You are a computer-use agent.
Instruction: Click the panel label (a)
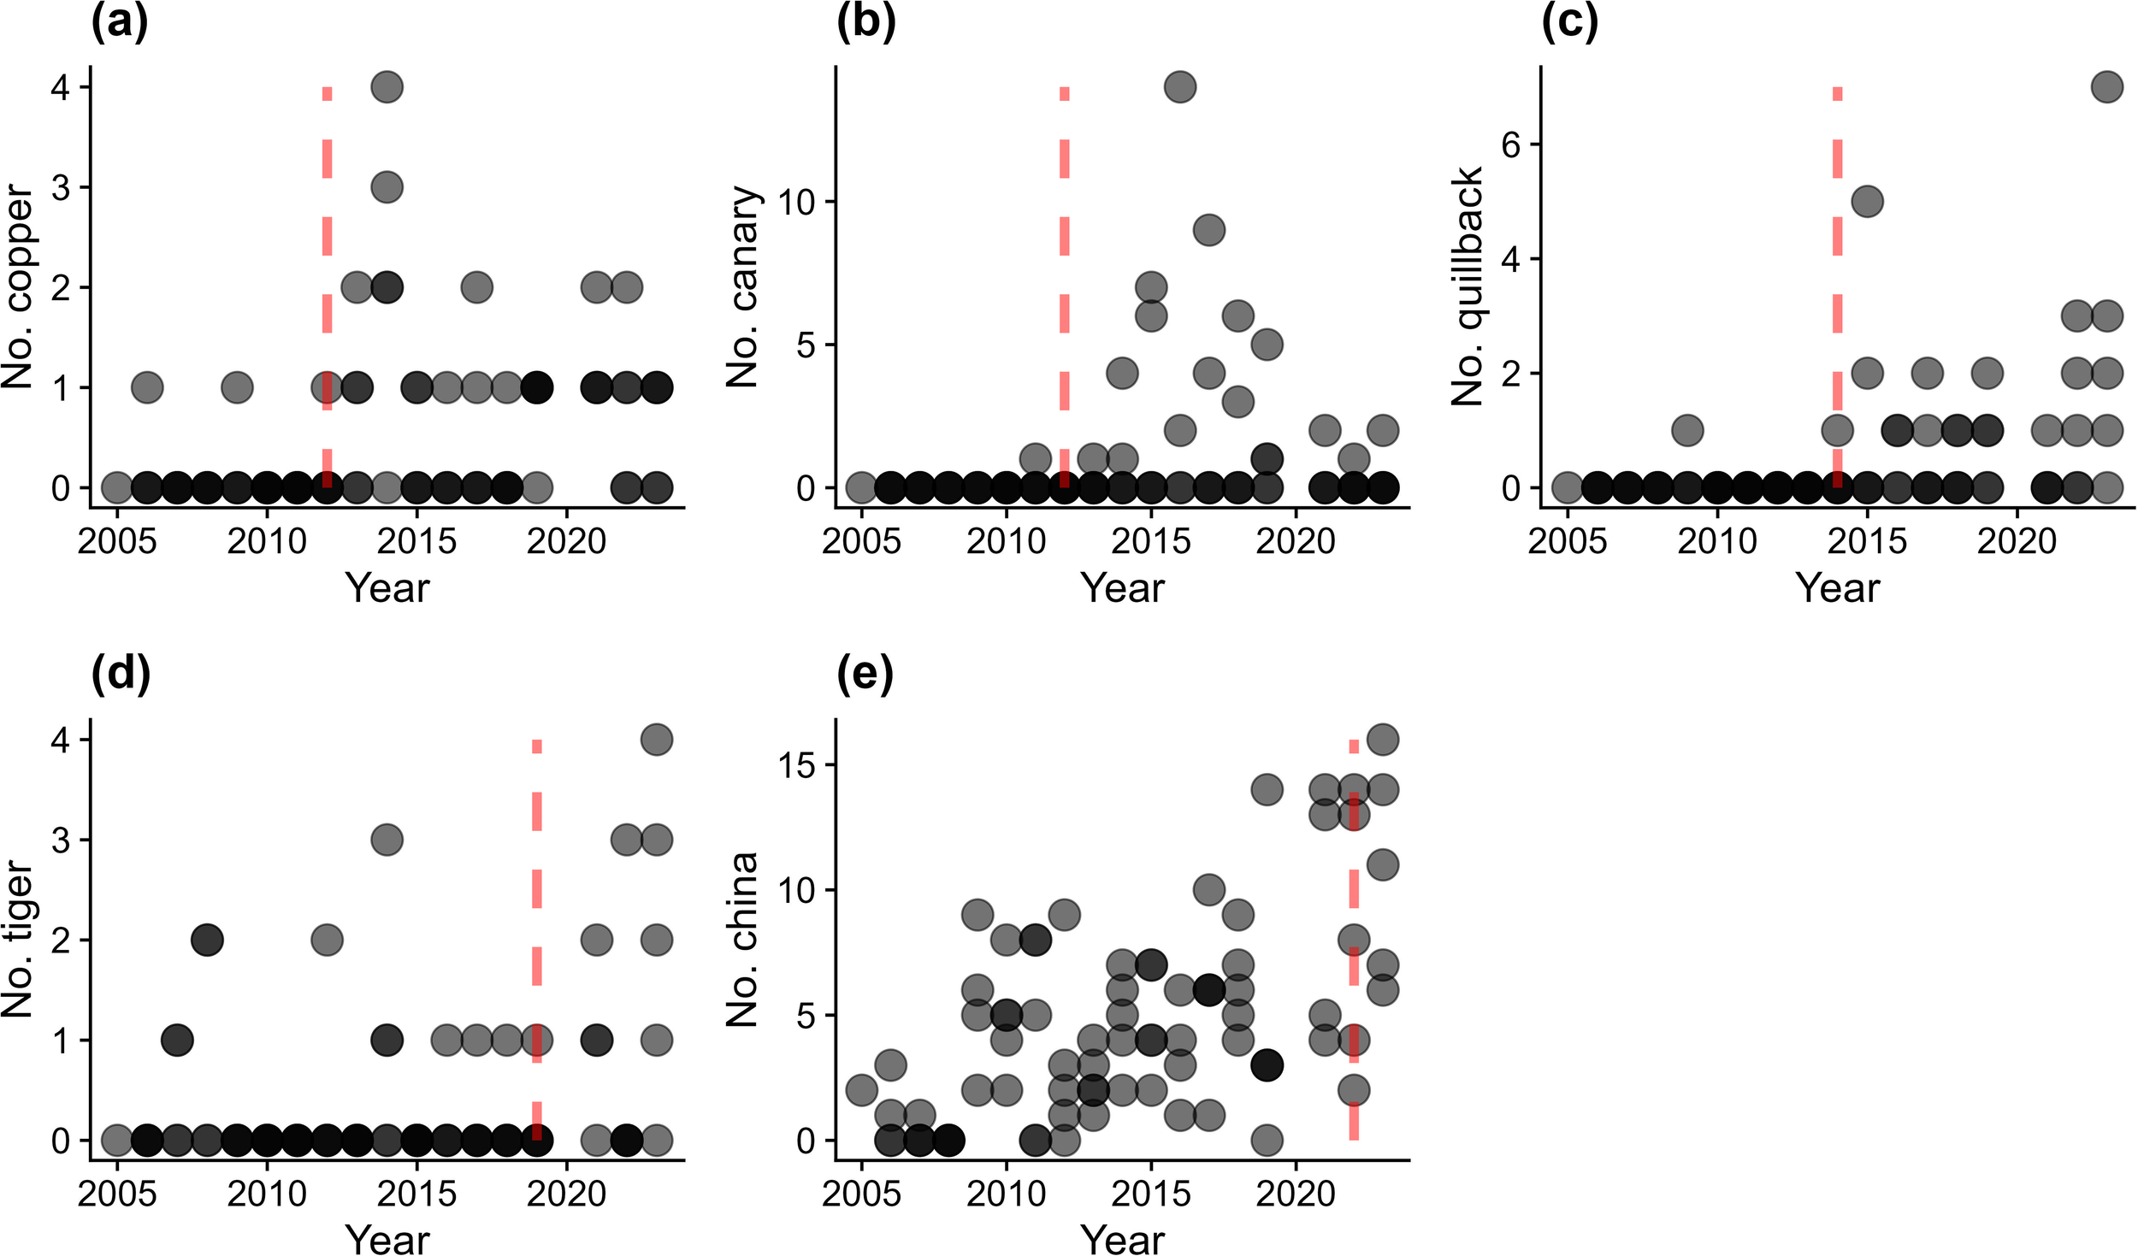(x=119, y=23)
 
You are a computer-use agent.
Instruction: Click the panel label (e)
(x=865, y=675)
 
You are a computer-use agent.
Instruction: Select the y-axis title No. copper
(x=17, y=288)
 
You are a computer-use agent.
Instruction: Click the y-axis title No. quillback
(x=1468, y=286)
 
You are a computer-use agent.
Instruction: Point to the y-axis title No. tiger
(x=17, y=939)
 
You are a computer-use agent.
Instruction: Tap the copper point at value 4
(x=387, y=87)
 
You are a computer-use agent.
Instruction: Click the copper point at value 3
(x=387, y=187)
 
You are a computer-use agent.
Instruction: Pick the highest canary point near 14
(x=1179, y=87)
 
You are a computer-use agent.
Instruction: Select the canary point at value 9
(x=1208, y=230)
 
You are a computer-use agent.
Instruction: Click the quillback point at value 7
(x=2106, y=87)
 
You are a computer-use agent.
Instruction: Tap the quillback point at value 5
(x=1867, y=202)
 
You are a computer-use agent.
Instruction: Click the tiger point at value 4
(x=656, y=740)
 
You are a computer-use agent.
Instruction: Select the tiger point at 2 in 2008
(x=207, y=940)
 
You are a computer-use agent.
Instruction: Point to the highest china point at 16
(x=1383, y=740)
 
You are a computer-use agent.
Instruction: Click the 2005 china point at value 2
(x=861, y=1090)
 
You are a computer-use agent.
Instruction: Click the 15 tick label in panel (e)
(x=797, y=765)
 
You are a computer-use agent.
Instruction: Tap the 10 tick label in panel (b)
(x=797, y=203)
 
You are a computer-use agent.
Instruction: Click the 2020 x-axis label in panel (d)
(x=566, y=1194)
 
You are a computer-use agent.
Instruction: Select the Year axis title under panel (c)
(x=1837, y=588)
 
